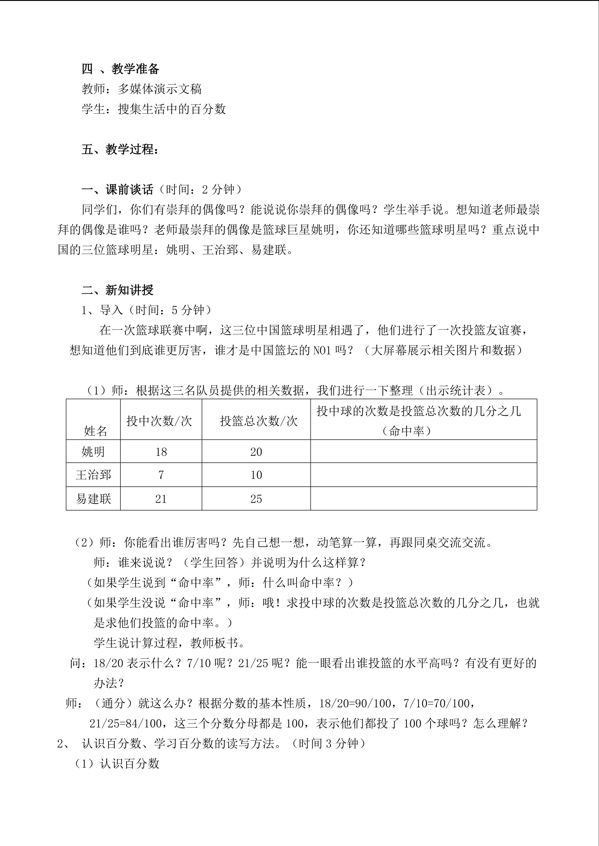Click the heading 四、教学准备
pos(120,69)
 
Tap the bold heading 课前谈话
pos(129,189)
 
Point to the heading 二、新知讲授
pos(117,290)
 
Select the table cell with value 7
pos(161,475)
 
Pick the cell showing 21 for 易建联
pos(161,499)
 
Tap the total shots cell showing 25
pos(256,499)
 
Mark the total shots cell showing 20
pos(256,452)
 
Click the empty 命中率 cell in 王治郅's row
pos(423,475)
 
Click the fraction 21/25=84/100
pos(126,723)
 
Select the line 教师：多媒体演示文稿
pos(142,89)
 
